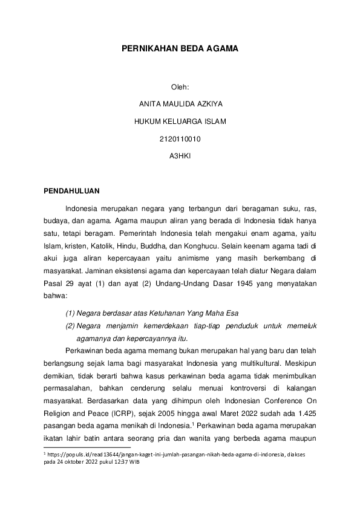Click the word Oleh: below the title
click(180, 88)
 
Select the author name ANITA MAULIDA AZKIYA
click(180, 105)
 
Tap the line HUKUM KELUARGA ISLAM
click(180, 122)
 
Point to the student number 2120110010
click(180, 138)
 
